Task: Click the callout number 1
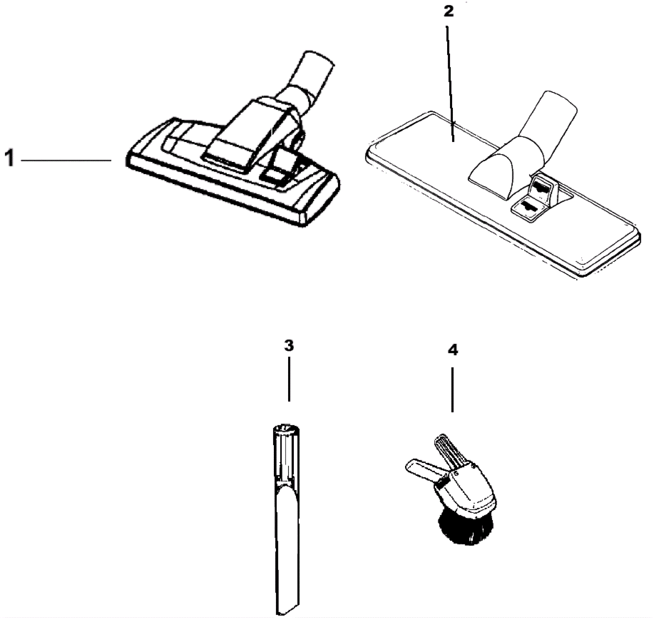(9, 158)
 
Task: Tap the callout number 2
(449, 12)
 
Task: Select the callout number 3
(289, 346)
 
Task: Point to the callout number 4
(453, 350)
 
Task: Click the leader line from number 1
(66, 161)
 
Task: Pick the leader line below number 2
(450, 84)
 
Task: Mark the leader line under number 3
(289, 379)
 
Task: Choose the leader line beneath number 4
(452, 390)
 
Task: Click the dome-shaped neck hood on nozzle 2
(499, 164)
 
